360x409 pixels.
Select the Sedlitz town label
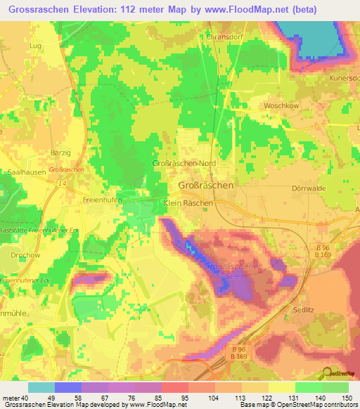305,309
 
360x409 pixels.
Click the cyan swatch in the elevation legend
41,387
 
